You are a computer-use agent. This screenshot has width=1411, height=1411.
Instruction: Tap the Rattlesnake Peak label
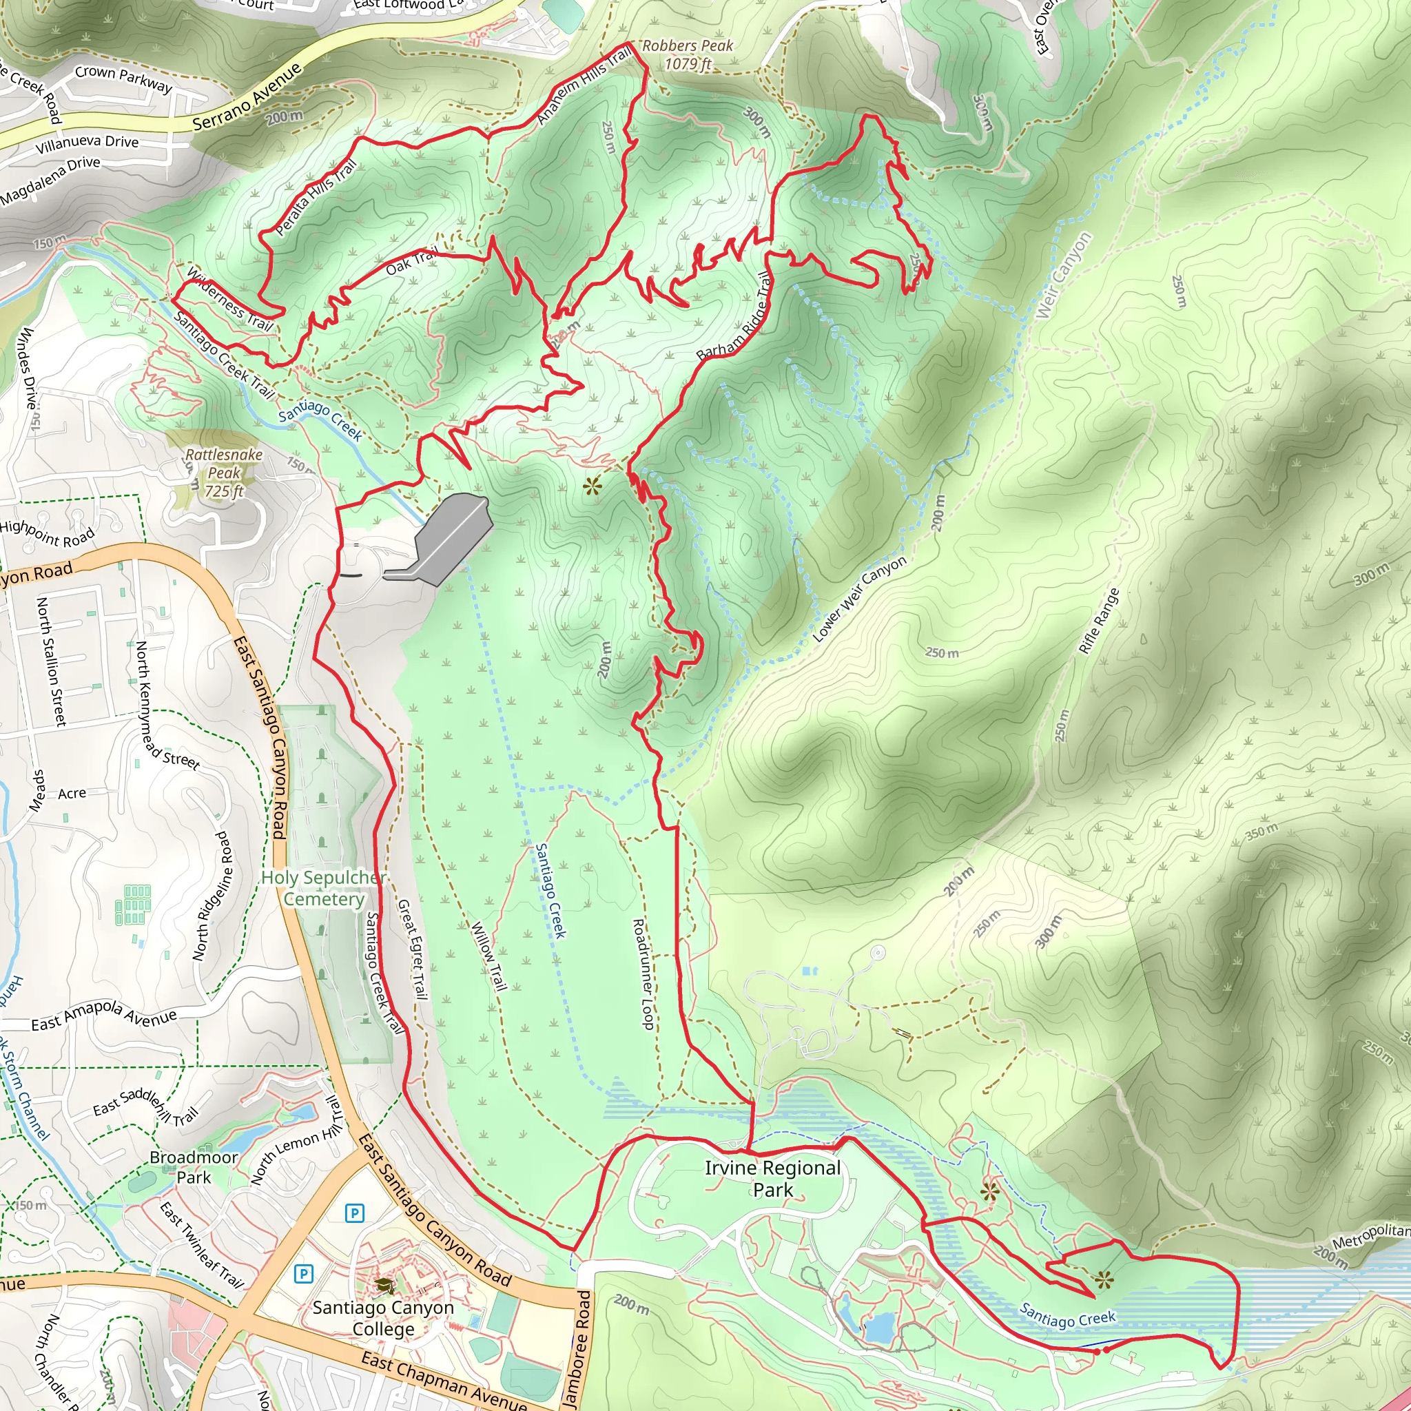point(223,473)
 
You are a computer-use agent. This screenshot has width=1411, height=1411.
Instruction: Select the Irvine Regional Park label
point(773,1178)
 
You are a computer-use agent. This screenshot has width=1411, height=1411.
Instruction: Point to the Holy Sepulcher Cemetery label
point(324,888)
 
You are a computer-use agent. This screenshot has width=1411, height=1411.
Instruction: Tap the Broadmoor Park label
point(194,1167)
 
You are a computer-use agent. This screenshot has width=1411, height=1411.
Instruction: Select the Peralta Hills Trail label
point(316,197)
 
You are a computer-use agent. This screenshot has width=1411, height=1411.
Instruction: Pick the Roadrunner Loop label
point(642,974)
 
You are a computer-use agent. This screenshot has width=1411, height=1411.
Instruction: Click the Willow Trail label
point(488,956)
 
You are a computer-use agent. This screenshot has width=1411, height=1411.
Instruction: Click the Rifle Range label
point(1098,621)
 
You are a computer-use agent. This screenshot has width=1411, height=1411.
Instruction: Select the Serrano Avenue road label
point(247,97)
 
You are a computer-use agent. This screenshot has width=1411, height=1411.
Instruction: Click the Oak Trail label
point(412,261)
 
